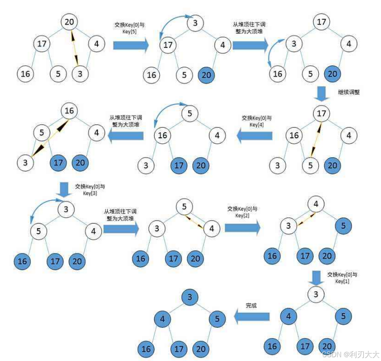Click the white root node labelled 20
(69, 21)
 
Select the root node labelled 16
(69, 111)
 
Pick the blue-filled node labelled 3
(190, 297)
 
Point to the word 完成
(251, 305)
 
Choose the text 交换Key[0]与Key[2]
(242, 212)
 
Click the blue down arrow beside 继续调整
(322, 93)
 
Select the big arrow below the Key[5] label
(131, 45)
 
